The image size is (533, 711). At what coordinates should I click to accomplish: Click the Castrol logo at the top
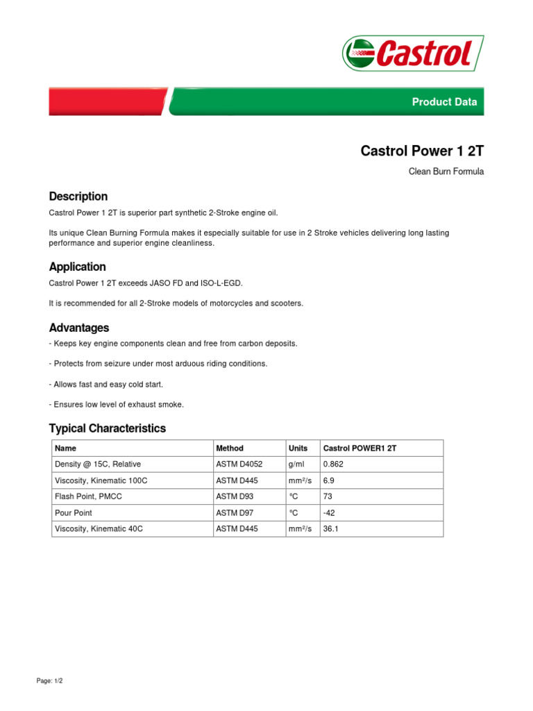pyautogui.click(x=412, y=53)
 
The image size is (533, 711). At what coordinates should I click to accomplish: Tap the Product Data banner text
pyautogui.click(x=444, y=102)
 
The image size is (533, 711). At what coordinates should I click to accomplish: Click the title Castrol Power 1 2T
pyautogui.click(x=422, y=151)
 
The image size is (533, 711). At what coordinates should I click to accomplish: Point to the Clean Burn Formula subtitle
pyautogui.click(x=446, y=172)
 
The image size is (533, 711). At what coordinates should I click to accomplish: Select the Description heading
pyautogui.click(x=78, y=196)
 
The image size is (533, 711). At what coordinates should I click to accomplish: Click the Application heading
pyautogui.click(x=77, y=267)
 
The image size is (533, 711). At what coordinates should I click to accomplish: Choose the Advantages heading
pyautogui.click(x=78, y=328)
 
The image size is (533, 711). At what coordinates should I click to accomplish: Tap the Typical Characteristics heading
pyautogui.click(x=107, y=428)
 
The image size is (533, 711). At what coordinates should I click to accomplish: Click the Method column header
pyautogui.click(x=230, y=449)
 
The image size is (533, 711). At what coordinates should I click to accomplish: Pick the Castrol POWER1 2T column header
pyautogui.click(x=359, y=449)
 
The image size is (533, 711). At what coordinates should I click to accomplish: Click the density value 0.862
pyautogui.click(x=333, y=463)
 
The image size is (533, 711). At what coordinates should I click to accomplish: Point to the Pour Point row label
pyautogui.click(x=74, y=513)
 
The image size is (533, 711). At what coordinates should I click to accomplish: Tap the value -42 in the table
pyautogui.click(x=329, y=513)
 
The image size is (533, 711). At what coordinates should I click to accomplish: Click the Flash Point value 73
pyautogui.click(x=328, y=496)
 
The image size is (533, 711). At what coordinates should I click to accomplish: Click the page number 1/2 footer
pyautogui.click(x=49, y=681)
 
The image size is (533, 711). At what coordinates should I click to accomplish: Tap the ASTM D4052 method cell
pyautogui.click(x=239, y=463)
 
